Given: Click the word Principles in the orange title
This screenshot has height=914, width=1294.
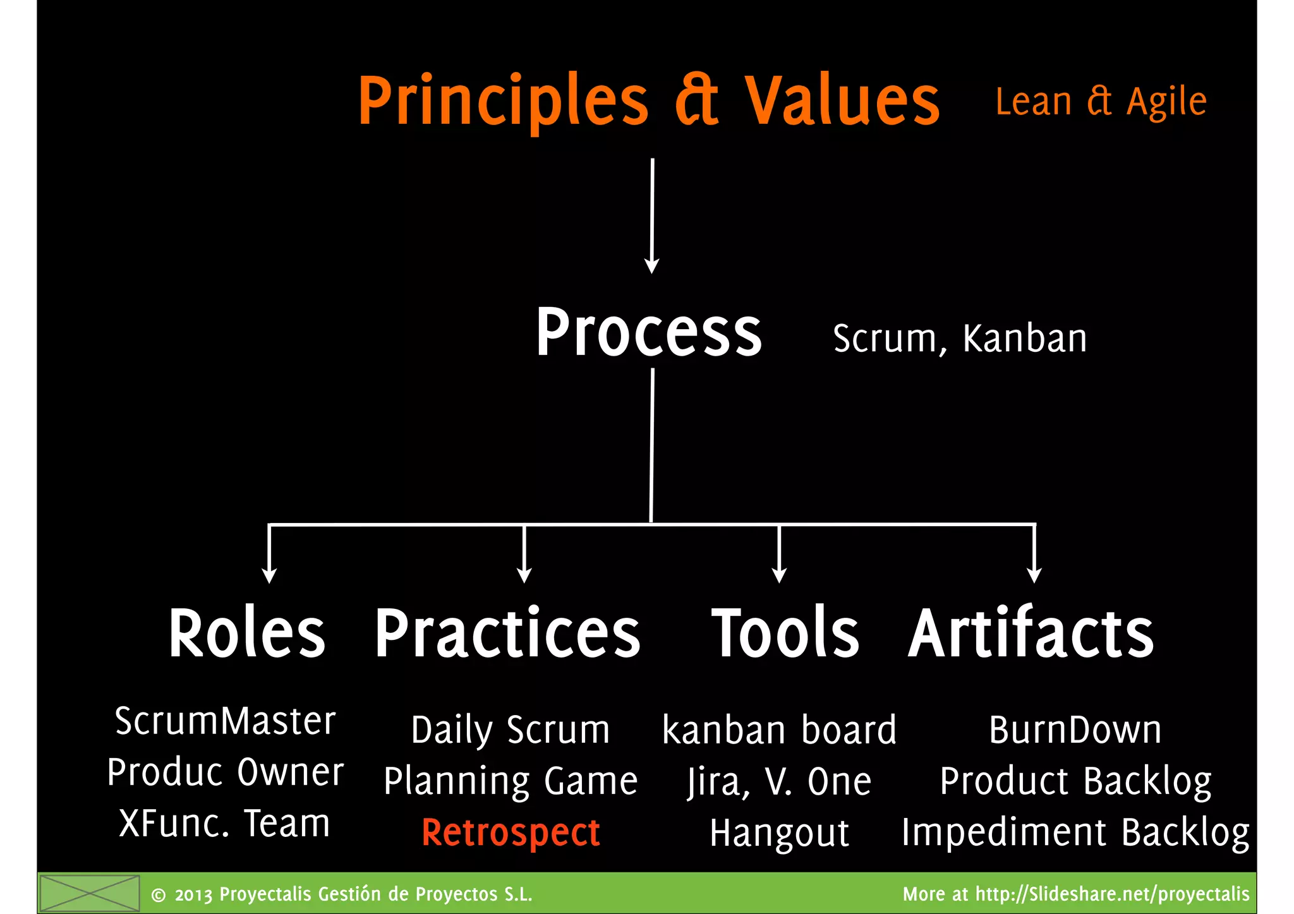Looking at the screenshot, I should [x=502, y=101].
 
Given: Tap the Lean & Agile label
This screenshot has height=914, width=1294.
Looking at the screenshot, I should [x=1101, y=102].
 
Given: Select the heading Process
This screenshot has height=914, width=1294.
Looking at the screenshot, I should [x=649, y=333].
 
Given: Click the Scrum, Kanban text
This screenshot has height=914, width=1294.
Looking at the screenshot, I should [x=960, y=339].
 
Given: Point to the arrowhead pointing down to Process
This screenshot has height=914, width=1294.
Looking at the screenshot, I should [x=651, y=265].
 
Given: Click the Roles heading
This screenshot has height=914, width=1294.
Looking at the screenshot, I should [x=246, y=633].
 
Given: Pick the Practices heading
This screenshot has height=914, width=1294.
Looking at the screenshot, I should [x=507, y=633].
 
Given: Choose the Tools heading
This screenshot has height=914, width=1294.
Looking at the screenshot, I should [x=785, y=633].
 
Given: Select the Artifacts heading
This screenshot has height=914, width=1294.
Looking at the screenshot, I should [x=1031, y=633].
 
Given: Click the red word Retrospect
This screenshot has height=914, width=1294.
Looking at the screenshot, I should [x=511, y=833].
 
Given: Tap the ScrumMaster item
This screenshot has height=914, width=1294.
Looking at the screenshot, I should [x=225, y=721].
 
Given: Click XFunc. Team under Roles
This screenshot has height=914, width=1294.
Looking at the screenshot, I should [x=225, y=824].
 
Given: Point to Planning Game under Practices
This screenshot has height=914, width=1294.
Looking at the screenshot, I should [x=511, y=781].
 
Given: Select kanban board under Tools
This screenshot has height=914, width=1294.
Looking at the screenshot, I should [x=779, y=730].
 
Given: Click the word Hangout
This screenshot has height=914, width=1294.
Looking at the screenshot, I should [x=779, y=833].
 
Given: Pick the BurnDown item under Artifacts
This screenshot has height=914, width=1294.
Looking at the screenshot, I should [x=1075, y=730].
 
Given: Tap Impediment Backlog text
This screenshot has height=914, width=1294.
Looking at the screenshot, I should [x=1075, y=833].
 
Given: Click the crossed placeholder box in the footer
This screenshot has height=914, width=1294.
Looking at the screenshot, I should [x=89, y=893].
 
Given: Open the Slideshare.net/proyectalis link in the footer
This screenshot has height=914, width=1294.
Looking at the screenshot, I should [x=1112, y=894].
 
